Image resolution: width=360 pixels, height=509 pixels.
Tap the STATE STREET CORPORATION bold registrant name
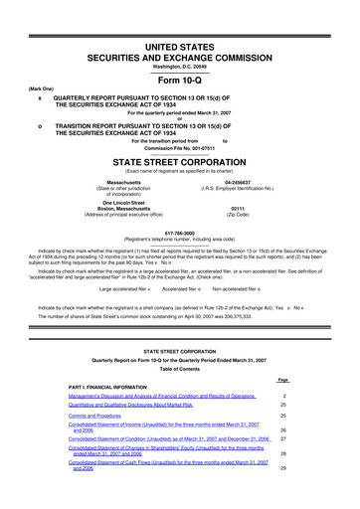(x=180, y=160)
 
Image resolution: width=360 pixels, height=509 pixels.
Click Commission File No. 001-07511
(x=180, y=148)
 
